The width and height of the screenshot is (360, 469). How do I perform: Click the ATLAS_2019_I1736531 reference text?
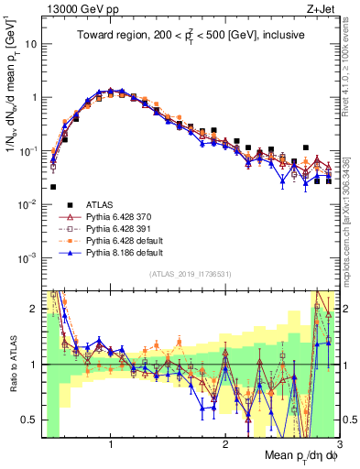pyautogui.click(x=191, y=274)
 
